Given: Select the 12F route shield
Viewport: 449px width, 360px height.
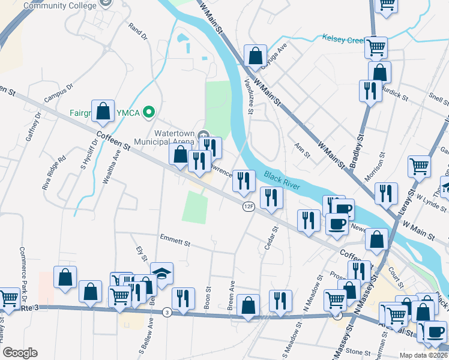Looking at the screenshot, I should (x=249, y=206).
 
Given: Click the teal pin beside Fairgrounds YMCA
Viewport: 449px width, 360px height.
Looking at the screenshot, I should (x=149, y=111).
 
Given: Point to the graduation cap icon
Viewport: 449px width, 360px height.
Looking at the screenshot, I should (x=161, y=273).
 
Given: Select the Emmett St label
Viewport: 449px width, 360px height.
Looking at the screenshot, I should (x=175, y=241).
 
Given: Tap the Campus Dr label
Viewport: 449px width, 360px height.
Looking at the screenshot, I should (x=58, y=92).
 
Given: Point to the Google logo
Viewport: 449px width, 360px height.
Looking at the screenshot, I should (x=20, y=353).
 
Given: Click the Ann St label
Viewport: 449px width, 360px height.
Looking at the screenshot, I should (x=302, y=149).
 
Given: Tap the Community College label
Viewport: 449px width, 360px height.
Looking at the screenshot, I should (x=60, y=5).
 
